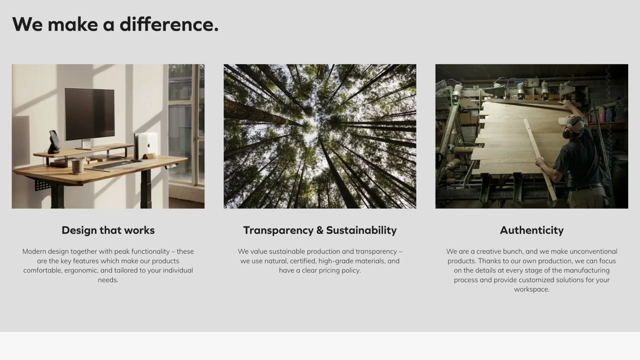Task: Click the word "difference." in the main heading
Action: click(x=169, y=24)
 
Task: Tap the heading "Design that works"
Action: click(x=108, y=230)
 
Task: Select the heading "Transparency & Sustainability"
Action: click(x=319, y=230)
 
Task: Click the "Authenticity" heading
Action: click(x=531, y=230)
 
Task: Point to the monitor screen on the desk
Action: click(x=89, y=114)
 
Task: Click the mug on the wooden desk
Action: click(x=77, y=166)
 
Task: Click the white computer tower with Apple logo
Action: click(x=147, y=145)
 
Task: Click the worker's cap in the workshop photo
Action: click(x=570, y=120)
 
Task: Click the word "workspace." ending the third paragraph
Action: click(x=531, y=289)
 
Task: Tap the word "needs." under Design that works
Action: click(x=108, y=279)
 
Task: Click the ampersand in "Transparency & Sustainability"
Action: click(x=319, y=230)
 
